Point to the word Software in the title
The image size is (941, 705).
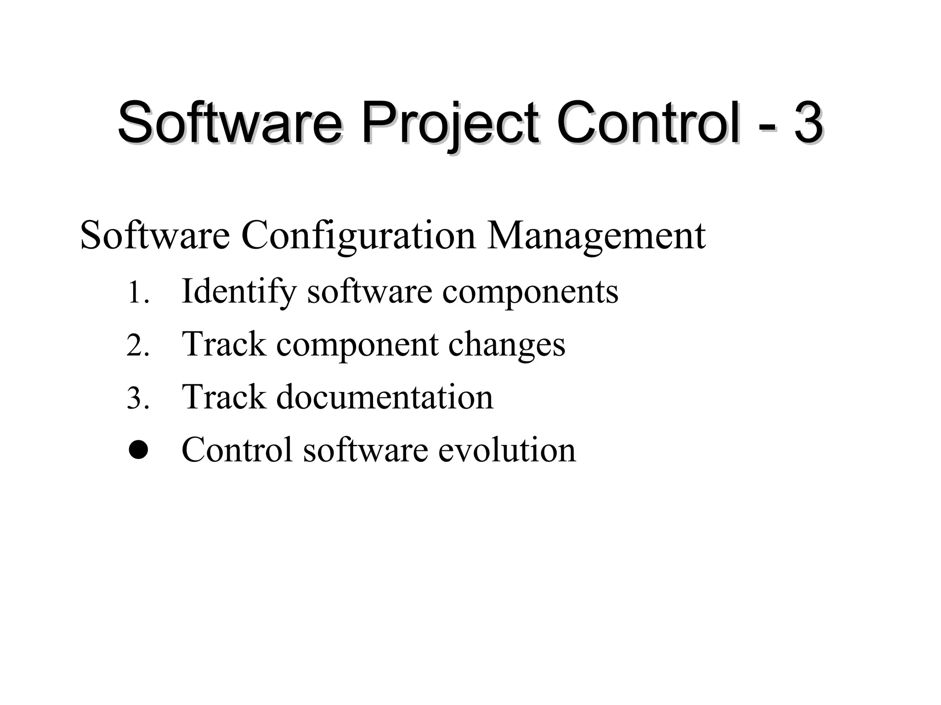click(230, 123)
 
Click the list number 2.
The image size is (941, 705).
click(138, 346)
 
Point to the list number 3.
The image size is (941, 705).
click(138, 398)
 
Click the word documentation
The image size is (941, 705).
click(384, 397)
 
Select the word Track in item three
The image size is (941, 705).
click(224, 397)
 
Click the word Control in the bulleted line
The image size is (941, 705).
click(237, 450)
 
